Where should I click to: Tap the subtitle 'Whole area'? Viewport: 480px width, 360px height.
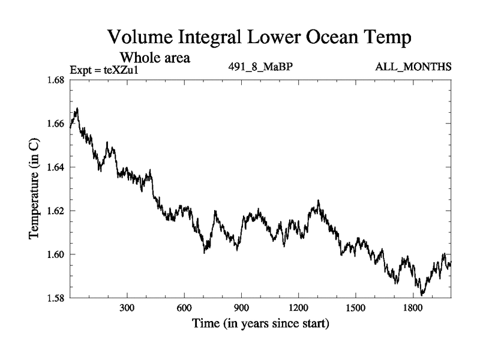coord(156,58)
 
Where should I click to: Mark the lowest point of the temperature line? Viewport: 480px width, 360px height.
coord(422,295)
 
